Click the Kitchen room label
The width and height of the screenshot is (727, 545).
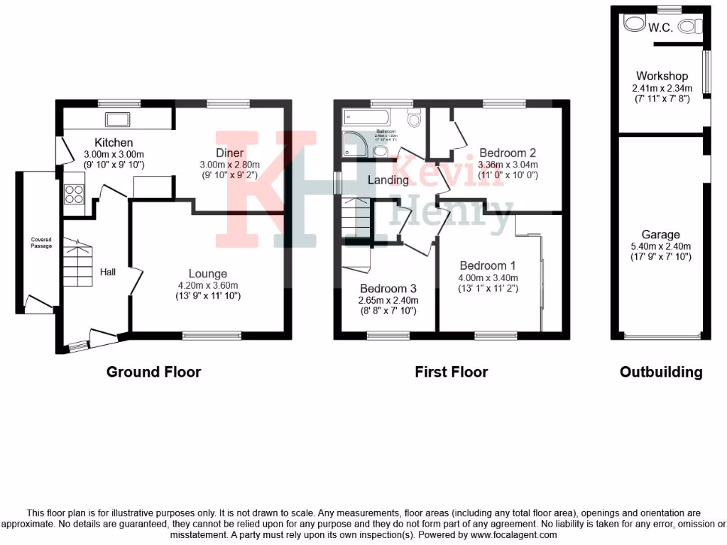(x=114, y=143)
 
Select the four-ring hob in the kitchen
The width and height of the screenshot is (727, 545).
(x=74, y=194)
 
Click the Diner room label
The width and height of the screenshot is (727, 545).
(x=230, y=153)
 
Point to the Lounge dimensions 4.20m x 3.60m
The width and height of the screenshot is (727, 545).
(x=208, y=285)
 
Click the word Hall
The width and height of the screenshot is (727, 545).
(x=108, y=272)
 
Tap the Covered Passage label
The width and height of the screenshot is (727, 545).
(x=41, y=243)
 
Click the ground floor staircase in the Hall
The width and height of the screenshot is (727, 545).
(x=78, y=263)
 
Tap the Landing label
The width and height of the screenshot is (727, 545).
(x=388, y=180)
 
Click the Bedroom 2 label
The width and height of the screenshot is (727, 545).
(x=507, y=153)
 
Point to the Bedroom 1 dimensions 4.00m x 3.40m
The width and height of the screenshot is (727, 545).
(x=488, y=277)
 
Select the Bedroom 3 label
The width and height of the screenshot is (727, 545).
(x=388, y=289)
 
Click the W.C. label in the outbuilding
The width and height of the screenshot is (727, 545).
(x=660, y=28)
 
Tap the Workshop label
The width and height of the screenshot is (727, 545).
(x=662, y=76)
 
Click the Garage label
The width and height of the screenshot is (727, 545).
(x=660, y=234)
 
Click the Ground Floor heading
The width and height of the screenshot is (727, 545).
(x=153, y=372)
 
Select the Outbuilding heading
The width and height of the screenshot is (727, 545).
(x=661, y=372)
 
